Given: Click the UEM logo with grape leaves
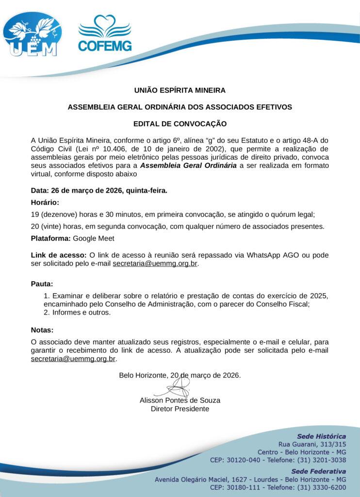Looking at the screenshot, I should [x=33, y=33].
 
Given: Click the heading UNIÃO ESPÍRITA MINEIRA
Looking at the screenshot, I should [x=180, y=90].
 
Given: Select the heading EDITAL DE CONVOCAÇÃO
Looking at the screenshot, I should [x=180, y=124].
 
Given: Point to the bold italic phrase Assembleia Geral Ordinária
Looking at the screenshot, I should [x=189, y=166].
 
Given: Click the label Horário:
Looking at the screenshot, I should [x=45, y=202].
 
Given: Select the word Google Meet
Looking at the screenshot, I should [x=94, y=238].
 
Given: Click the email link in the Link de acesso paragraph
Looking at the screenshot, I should [x=155, y=264].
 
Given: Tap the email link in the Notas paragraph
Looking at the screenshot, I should [x=73, y=359].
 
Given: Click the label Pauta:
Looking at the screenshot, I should [x=42, y=283].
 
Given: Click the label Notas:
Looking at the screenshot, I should [x=42, y=330].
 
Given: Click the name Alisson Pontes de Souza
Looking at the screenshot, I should [x=180, y=400].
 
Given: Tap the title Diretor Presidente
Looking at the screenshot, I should [x=180, y=409].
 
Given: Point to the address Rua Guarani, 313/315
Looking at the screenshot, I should [x=311, y=444].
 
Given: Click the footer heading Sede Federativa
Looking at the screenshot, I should [x=318, y=471].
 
